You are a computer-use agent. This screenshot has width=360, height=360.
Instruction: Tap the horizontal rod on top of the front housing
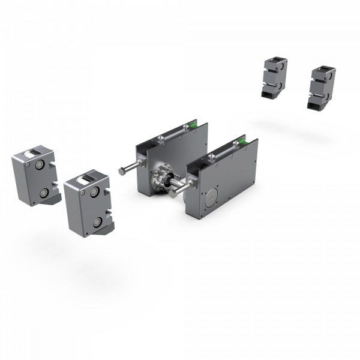222,154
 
